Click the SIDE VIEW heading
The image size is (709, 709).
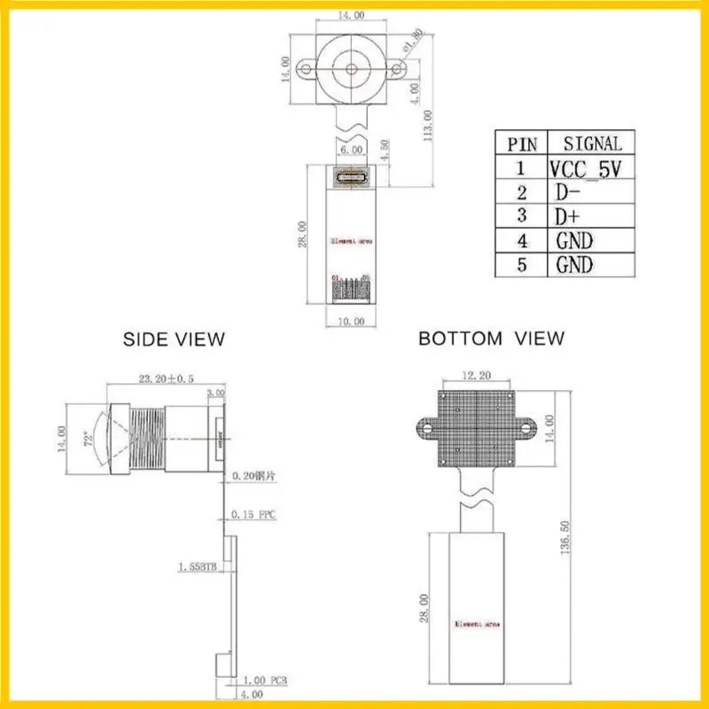click(x=174, y=339)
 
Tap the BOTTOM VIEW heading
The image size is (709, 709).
click(x=491, y=338)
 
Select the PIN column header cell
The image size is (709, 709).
click(x=521, y=144)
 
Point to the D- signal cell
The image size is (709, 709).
click(x=567, y=192)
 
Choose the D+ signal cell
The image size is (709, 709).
click(x=567, y=216)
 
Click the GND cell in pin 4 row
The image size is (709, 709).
click(x=574, y=240)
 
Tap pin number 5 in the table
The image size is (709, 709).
click(x=521, y=264)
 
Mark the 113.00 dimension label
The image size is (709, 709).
click(x=428, y=126)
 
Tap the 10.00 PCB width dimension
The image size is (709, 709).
click(x=352, y=322)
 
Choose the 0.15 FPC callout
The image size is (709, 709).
click(x=253, y=514)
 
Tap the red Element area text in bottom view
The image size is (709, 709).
click(x=476, y=624)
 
